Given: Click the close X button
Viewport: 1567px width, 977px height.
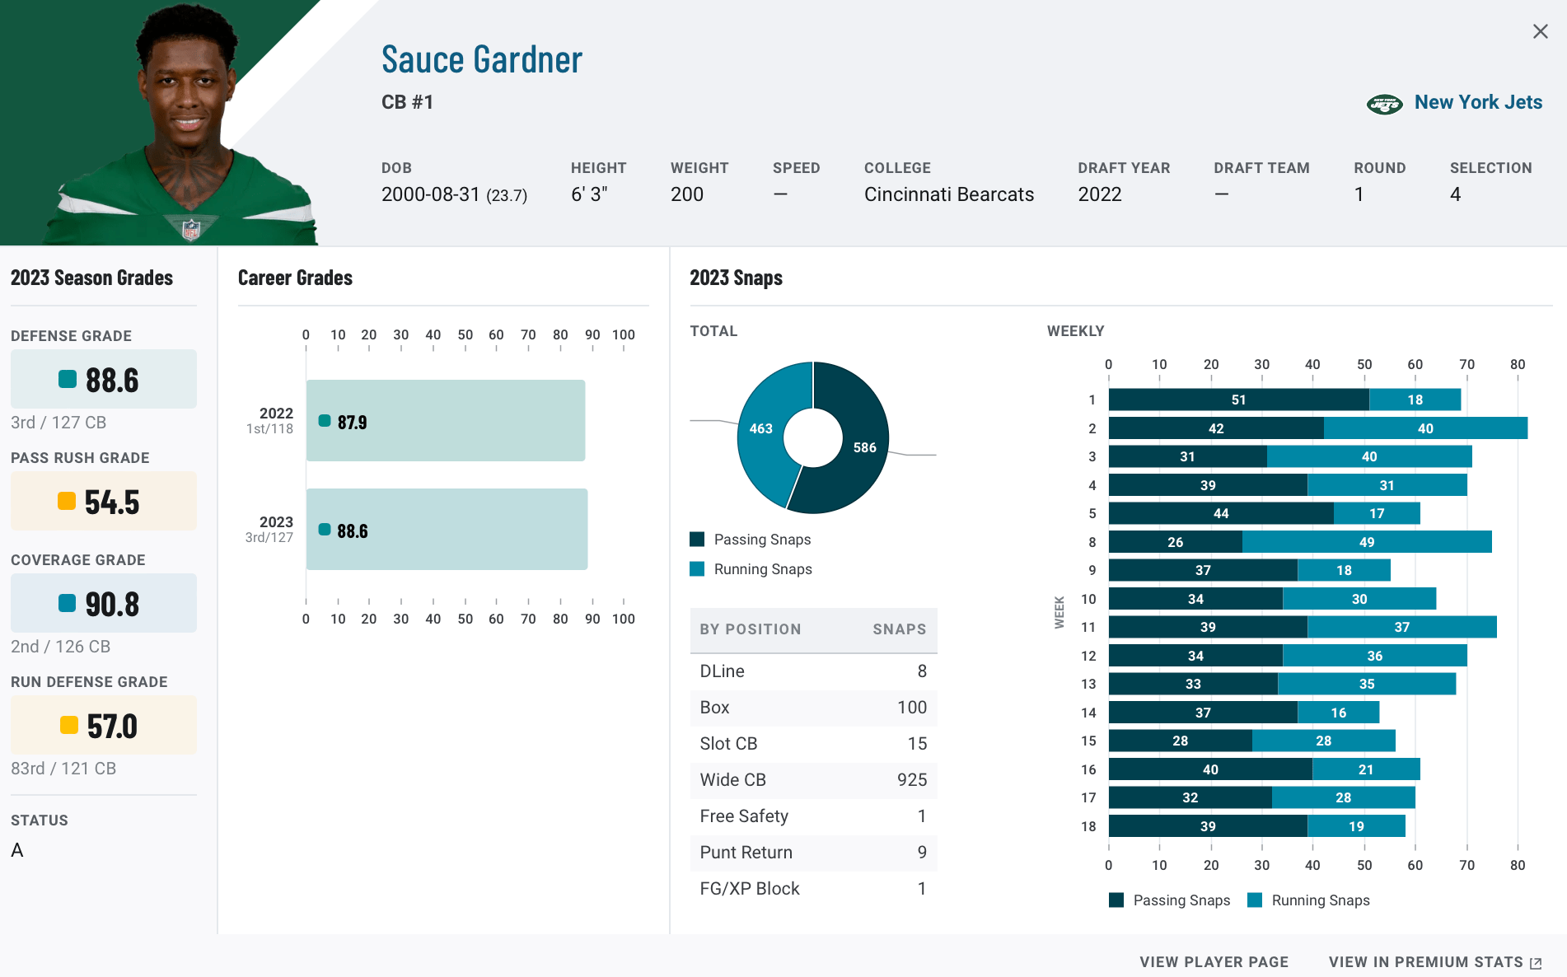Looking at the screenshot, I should pos(1540,31).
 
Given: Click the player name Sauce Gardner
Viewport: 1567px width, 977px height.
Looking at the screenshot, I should pos(481,60).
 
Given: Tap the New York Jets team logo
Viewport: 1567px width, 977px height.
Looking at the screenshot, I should pos(1384,104).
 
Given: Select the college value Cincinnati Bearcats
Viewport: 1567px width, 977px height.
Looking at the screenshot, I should pos(948,194).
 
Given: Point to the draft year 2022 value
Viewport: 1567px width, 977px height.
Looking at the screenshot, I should pos(1099,194).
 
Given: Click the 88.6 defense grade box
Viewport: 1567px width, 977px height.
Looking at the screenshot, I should pos(104,380).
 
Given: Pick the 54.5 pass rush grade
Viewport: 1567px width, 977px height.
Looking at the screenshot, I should pos(104,502).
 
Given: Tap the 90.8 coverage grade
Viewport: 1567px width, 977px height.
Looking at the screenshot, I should pos(104,604).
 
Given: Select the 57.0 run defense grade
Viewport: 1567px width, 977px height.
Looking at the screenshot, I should pos(104,726).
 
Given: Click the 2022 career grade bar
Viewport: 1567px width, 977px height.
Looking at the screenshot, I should pos(446,421).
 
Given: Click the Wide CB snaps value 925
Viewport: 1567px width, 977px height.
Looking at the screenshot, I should pos(911,780).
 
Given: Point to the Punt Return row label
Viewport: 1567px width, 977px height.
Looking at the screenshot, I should pos(746,853).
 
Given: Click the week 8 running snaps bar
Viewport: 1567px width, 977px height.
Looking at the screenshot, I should pos(1367,542).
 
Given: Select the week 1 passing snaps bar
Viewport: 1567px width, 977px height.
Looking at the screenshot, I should pos(1238,400).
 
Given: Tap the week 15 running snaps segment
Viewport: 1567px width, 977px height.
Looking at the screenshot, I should pos(1323,741).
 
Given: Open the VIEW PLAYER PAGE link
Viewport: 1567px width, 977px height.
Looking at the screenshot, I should pos(1214,962).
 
